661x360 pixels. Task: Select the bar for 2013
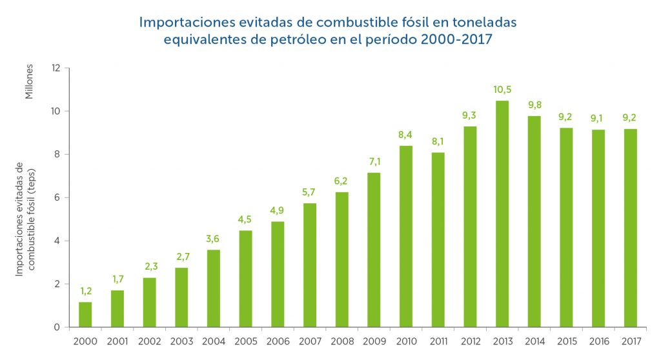coord(502,214)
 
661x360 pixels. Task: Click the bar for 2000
coord(85,314)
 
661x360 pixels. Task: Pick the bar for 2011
coord(438,239)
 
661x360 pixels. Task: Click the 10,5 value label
coord(502,90)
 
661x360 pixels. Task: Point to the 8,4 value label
coord(406,135)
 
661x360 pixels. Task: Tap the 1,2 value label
coord(85,291)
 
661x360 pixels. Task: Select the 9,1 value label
coord(598,119)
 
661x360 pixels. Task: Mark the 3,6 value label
coord(214,239)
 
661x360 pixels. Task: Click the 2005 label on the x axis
coord(246,340)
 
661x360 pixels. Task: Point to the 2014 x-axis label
coord(534,340)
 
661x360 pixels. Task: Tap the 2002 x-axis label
coord(150,340)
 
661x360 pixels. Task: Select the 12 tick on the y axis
coord(56,68)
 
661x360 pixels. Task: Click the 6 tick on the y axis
coord(57,197)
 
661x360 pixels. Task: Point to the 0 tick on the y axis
coord(57,327)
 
